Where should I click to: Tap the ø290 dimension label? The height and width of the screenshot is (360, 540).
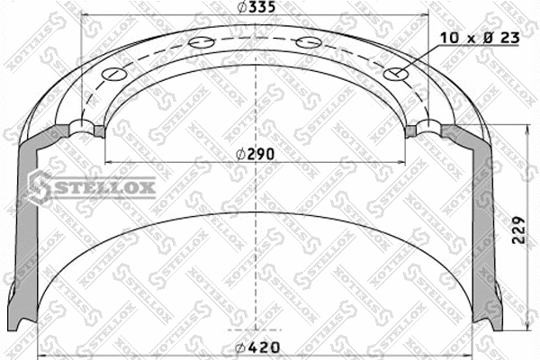pos(256,154)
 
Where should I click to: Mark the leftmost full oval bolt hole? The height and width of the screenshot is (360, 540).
pos(115,75)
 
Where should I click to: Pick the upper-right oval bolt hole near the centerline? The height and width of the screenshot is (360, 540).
pos(307,41)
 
